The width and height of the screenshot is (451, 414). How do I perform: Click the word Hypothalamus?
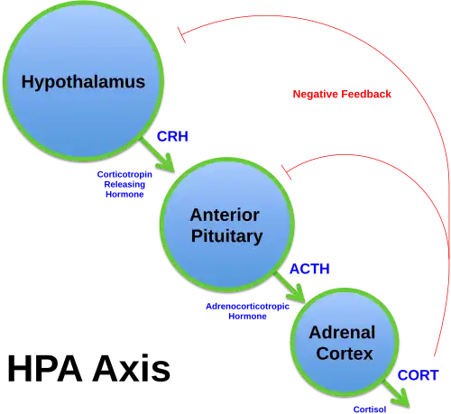tap(82, 82)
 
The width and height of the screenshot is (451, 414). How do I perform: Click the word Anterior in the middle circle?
tap(225, 215)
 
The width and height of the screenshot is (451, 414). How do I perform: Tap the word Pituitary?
tap(225, 236)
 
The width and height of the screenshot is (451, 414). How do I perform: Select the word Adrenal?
tap(342, 332)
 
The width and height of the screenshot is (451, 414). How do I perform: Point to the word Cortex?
tap(344, 354)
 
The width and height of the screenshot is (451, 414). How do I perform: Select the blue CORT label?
tap(418, 374)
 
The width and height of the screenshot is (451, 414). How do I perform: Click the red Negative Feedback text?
tap(342, 95)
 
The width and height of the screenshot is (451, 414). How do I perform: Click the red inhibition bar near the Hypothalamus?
tap(183, 35)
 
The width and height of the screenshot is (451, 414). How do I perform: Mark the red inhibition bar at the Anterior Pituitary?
tap(287, 168)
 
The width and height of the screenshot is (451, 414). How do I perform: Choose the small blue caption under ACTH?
tap(246, 311)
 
